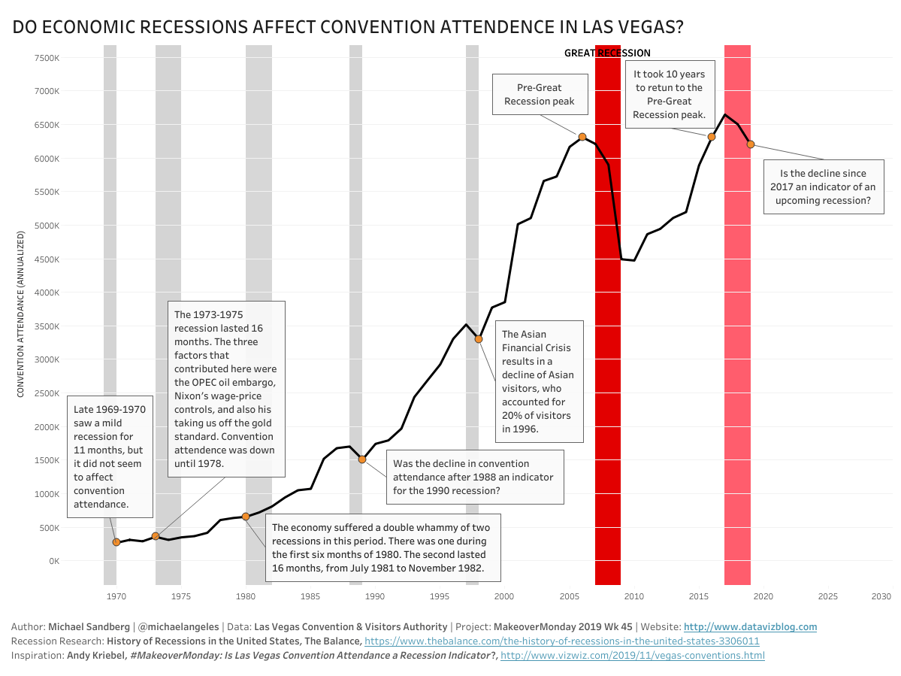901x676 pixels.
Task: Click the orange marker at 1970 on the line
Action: point(116,542)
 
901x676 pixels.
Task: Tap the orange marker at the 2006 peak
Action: point(582,137)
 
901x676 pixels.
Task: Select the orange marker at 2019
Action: point(751,144)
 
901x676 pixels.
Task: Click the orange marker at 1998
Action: point(479,339)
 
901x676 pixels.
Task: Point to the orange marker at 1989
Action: point(362,459)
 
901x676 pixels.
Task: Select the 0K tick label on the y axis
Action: point(53,561)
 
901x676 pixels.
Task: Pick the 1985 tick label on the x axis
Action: point(310,596)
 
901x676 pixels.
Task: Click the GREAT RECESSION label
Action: point(607,53)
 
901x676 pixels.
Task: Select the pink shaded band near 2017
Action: point(737,338)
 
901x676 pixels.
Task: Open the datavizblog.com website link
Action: point(750,626)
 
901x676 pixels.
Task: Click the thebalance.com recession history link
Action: point(561,641)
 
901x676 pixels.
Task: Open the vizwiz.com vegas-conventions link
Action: point(632,656)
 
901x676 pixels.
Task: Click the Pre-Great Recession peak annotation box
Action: point(539,95)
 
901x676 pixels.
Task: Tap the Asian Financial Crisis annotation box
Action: point(538,381)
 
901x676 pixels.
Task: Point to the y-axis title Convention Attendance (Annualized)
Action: point(21,314)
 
